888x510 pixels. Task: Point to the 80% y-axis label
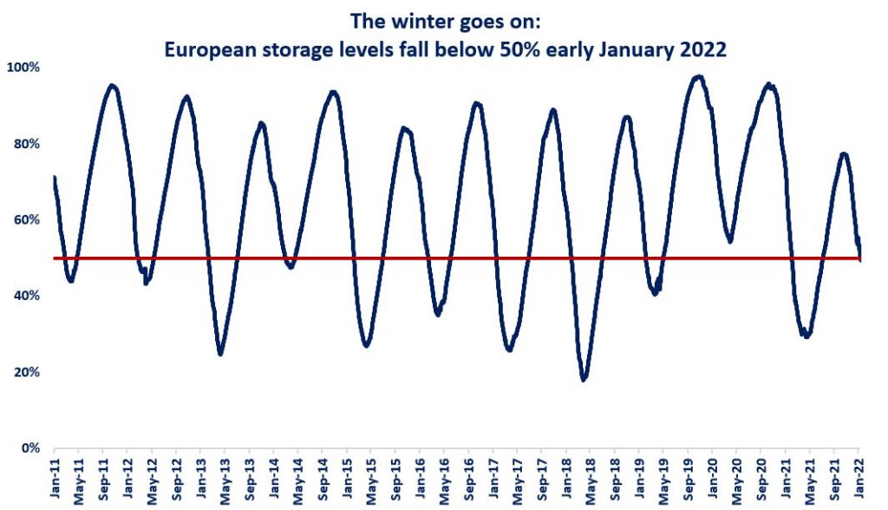point(27,143)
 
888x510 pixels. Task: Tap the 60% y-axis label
point(27,219)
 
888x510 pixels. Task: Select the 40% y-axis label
point(27,296)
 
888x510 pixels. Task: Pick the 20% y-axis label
point(27,372)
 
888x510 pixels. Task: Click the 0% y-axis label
point(29,448)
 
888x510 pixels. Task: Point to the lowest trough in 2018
point(584,379)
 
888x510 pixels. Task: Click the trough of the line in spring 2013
point(221,353)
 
